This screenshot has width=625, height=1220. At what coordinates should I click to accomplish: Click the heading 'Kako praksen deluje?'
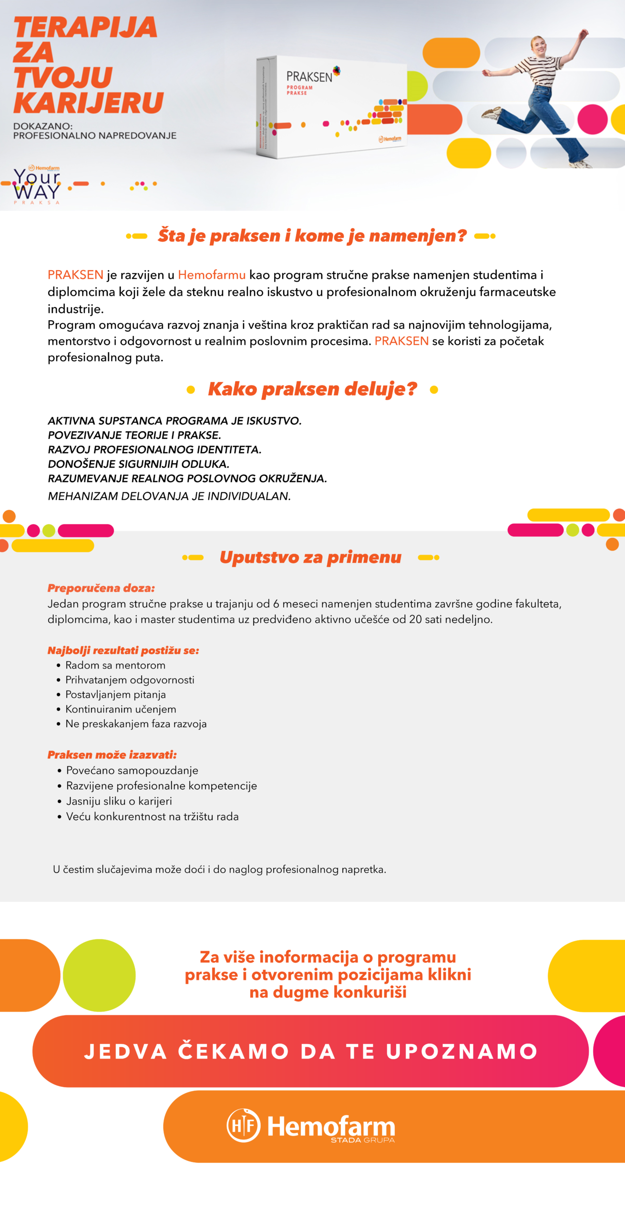coord(312,389)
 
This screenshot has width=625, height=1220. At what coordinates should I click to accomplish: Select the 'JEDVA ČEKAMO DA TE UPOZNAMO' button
coord(310,1051)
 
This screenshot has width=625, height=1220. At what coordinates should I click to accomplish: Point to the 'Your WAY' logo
coord(37,185)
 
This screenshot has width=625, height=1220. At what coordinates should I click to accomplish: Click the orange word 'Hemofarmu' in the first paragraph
coord(212,275)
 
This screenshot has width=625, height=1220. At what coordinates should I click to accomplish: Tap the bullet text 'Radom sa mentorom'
coord(115,665)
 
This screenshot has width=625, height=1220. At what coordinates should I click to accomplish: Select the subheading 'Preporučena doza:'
coord(101,588)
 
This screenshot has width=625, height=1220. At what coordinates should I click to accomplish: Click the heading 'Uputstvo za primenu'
coord(310,557)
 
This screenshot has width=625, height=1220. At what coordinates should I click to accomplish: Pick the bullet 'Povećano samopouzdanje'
coord(132,771)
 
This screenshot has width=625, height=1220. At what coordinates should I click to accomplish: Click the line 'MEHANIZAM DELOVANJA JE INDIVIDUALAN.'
coord(169,496)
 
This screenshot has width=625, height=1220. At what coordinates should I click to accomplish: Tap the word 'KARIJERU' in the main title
coord(89,103)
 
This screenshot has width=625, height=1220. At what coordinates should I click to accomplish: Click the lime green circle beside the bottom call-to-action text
coord(99,975)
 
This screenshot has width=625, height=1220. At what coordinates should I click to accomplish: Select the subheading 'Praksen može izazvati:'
coord(112,755)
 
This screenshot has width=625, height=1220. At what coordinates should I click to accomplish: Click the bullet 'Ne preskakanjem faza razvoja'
coord(136,724)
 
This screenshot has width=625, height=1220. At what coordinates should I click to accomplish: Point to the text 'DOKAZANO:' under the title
coord(43,126)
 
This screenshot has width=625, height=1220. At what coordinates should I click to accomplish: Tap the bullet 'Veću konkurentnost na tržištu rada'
coord(152,817)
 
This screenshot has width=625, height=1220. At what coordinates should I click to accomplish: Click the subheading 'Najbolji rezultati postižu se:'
coord(123,651)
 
